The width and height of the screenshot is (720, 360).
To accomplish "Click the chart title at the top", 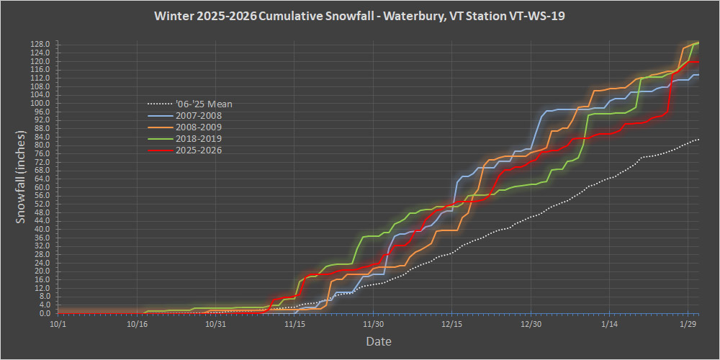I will click(x=359, y=16).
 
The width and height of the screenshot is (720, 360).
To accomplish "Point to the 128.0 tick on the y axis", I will click(x=41, y=44).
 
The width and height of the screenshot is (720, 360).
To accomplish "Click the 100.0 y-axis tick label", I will click(x=41, y=103).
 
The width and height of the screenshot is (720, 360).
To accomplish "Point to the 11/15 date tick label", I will click(x=294, y=324).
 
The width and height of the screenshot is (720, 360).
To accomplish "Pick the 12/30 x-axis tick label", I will click(x=531, y=324).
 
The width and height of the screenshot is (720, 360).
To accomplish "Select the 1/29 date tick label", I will click(x=688, y=324).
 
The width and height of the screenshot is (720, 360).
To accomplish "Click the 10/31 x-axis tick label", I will click(x=215, y=324).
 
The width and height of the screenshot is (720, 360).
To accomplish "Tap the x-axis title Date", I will click(x=378, y=341).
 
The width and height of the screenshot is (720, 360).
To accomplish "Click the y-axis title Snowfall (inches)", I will click(x=22, y=177).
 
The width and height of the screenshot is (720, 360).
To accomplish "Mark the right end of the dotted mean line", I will click(x=698, y=139).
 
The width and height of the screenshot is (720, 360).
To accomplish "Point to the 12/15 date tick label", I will click(x=452, y=324).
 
